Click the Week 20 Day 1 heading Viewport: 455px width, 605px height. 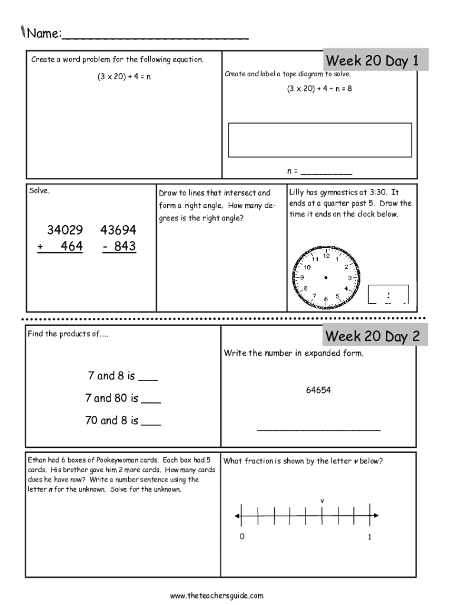click(372, 61)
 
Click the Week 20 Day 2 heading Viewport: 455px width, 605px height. click(372, 336)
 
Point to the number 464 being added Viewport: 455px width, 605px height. click(71, 246)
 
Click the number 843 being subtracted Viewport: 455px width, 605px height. click(125, 246)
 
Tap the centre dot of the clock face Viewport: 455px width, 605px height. click(326, 277)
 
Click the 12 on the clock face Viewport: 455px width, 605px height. click(326, 255)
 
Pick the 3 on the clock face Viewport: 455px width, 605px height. click(350, 278)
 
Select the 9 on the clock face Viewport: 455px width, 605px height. click(303, 277)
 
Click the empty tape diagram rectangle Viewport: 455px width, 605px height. click(320, 140)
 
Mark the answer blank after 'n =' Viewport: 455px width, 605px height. click(326, 172)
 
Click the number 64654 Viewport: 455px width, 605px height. click(318, 390)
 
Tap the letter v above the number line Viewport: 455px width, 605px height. click(323, 501)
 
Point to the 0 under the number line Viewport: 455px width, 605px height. click(242, 537)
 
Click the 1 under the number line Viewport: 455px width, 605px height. click(370, 537)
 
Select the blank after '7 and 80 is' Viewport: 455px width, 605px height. click(152, 399)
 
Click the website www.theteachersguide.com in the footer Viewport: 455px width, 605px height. click(216, 596)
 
